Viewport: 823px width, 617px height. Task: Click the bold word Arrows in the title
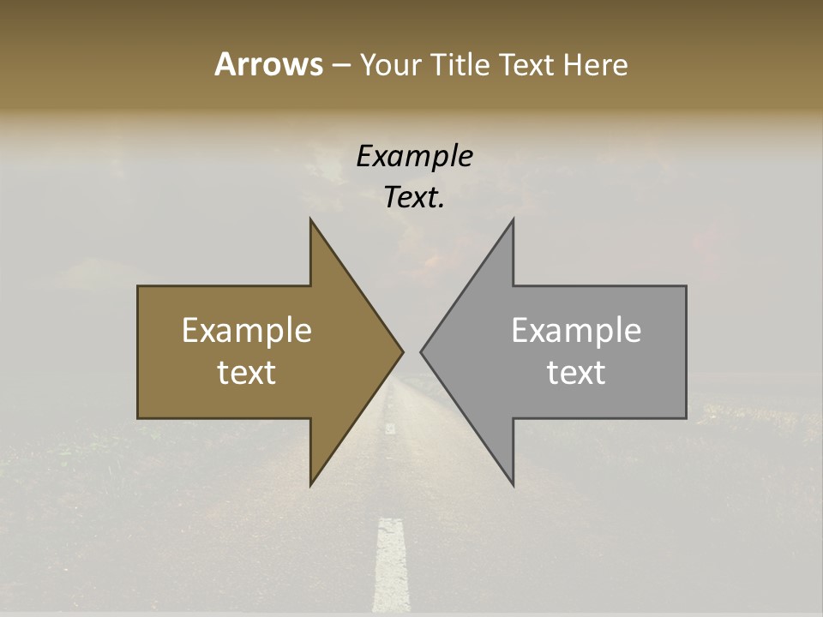268,64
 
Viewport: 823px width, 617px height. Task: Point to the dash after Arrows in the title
340,65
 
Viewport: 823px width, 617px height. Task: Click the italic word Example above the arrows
414,156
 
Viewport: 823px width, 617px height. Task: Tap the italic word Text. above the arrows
414,198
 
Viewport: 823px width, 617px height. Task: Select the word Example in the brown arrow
247,330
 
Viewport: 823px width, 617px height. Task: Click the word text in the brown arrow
247,372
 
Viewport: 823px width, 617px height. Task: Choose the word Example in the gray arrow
576,330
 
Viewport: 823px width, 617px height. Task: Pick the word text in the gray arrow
576,372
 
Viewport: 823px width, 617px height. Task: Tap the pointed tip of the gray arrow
422,351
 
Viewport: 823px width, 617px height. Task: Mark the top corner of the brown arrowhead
311,220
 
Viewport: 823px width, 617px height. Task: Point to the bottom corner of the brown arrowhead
311,484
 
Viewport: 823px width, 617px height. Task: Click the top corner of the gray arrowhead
513,220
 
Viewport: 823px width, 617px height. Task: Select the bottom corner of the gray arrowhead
513,484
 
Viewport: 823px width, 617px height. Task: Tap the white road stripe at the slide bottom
392,566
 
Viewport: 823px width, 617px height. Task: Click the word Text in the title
526,64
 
